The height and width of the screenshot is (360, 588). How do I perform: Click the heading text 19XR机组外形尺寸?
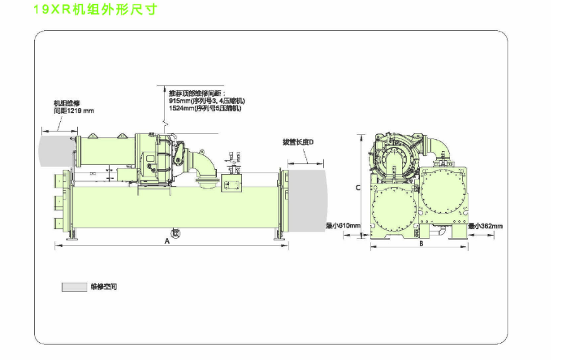pyautogui.click(x=95, y=10)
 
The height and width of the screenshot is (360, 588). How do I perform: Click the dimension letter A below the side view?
pyautogui.click(x=168, y=241)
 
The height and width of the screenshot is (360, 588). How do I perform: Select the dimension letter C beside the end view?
pyautogui.click(x=358, y=187)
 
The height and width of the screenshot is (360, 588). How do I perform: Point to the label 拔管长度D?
pyautogui.click(x=298, y=142)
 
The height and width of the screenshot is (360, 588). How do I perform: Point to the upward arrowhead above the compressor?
pyautogui.click(x=162, y=88)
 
